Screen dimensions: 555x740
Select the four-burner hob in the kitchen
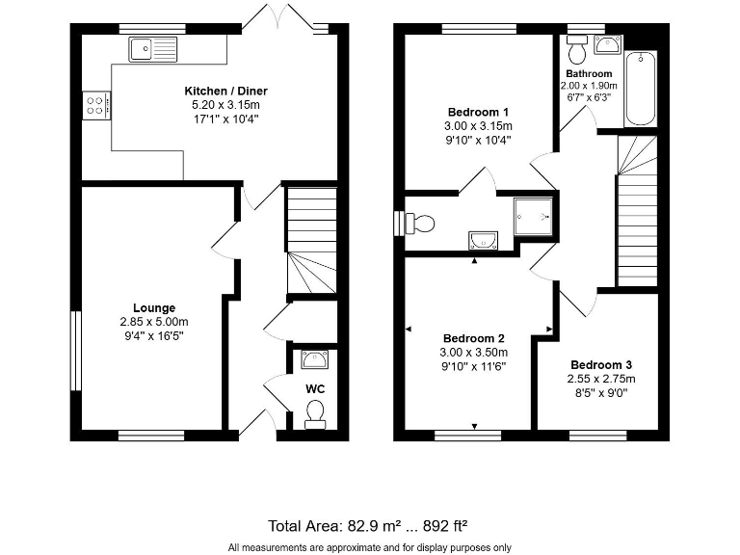(96, 105)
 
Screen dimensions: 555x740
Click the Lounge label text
(154, 308)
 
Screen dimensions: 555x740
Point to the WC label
(315, 388)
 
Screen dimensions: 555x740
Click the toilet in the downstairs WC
(314, 413)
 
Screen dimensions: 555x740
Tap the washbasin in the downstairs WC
(314, 360)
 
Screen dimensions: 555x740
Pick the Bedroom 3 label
(600, 364)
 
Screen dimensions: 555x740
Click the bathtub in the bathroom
(641, 90)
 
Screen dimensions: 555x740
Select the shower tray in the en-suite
(534, 219)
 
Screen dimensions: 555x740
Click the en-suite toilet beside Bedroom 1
(418, 224)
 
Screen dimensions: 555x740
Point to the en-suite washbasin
(481, 240)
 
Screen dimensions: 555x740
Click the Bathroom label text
(589, 73)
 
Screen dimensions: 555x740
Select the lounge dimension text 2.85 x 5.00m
(154, 322)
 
